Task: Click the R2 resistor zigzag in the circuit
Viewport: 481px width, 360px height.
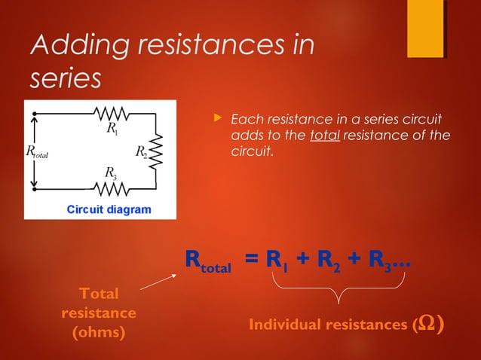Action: (156, 152)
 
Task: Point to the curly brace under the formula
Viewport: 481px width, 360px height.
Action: (339, 290)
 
